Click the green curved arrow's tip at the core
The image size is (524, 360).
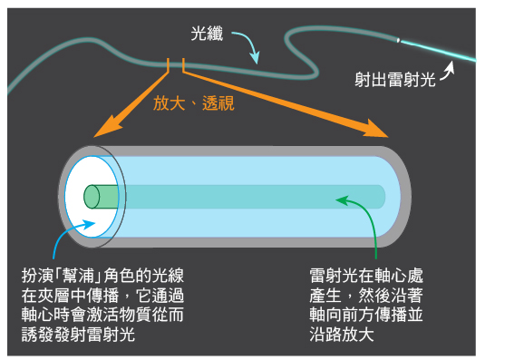[339, 196]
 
